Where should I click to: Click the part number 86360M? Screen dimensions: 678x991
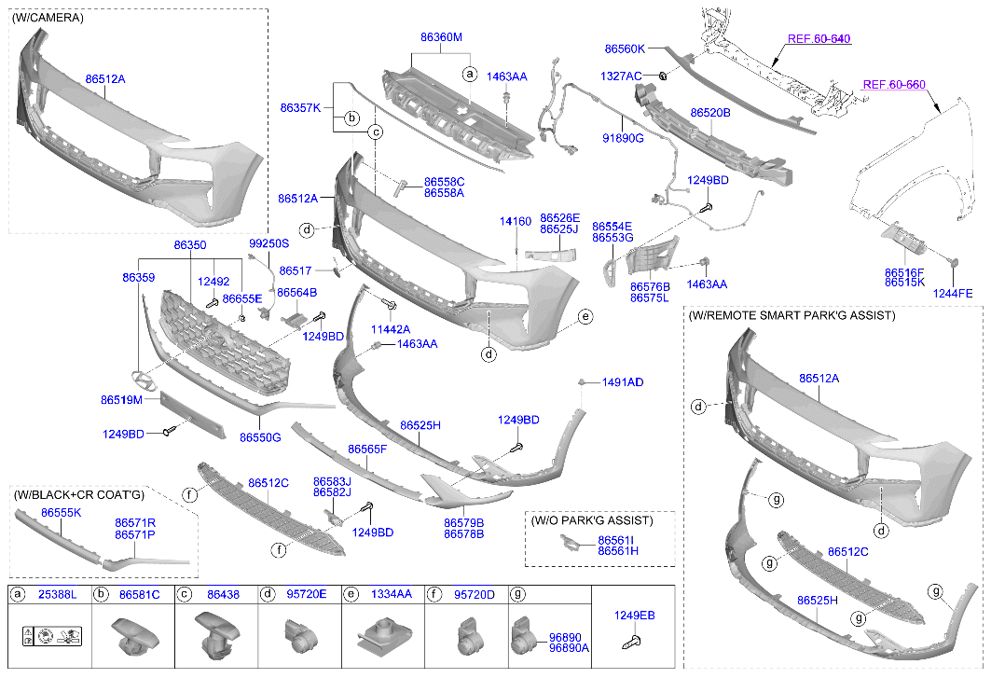coord(441,37)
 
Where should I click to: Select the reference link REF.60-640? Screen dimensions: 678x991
coord(819,38)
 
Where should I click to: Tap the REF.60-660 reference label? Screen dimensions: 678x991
coord(893,85)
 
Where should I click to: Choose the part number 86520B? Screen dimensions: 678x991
coord(709,112)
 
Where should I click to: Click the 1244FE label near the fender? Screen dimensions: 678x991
coord(952,293)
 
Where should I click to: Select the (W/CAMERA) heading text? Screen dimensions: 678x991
coord(48,18)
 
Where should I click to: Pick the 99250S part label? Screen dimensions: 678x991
coord(268,243)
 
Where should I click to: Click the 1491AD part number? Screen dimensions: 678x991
coord(622,382)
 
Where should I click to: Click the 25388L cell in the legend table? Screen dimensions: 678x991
coord(58,594)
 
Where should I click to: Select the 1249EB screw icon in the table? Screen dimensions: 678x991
coord(633,642)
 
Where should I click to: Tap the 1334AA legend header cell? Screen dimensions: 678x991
coord(392,594)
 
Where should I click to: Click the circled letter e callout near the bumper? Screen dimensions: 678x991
coord(585,317)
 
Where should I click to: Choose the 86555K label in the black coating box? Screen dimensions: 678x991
coord(61,512)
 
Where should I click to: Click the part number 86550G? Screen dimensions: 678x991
coord(260,436)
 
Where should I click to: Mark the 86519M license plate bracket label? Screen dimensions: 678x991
coord(121,400)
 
